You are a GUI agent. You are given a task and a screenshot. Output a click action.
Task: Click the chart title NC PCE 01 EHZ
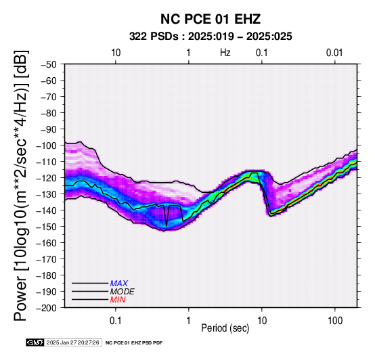point(211,19)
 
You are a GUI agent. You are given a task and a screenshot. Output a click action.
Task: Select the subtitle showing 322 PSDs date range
point(211,37)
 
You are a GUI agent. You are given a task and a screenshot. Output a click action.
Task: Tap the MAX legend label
point(119,284)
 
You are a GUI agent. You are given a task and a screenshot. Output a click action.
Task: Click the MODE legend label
point(123,292)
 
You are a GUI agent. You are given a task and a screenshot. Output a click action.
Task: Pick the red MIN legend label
point(118,300)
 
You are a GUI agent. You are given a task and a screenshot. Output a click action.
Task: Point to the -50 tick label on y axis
point(49,64)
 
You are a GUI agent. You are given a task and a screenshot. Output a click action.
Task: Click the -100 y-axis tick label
point(47,145)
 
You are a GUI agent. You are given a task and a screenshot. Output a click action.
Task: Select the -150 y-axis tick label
point(47,226)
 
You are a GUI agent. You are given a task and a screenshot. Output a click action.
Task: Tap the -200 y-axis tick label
point(47,307)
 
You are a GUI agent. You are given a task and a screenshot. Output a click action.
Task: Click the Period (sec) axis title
point(225,328)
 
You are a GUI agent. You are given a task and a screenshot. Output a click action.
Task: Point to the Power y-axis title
point(21,185)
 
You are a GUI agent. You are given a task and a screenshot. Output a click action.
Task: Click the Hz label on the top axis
point(225,52)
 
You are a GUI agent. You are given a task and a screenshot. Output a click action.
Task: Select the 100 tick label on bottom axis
point(335,320)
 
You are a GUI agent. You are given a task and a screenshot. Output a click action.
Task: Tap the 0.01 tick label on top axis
point(334,53)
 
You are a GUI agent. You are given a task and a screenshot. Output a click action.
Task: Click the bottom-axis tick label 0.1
point(115,320)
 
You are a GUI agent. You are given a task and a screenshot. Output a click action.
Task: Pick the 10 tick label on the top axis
point(116,53)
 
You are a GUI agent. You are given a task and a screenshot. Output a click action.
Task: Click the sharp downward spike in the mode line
point(167,225)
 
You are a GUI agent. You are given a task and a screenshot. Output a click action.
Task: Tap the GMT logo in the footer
point(35,342)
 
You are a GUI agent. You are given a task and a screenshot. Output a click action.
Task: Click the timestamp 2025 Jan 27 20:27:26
point(72,342)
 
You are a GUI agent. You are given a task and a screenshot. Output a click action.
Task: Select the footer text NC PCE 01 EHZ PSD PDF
point(134,343)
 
